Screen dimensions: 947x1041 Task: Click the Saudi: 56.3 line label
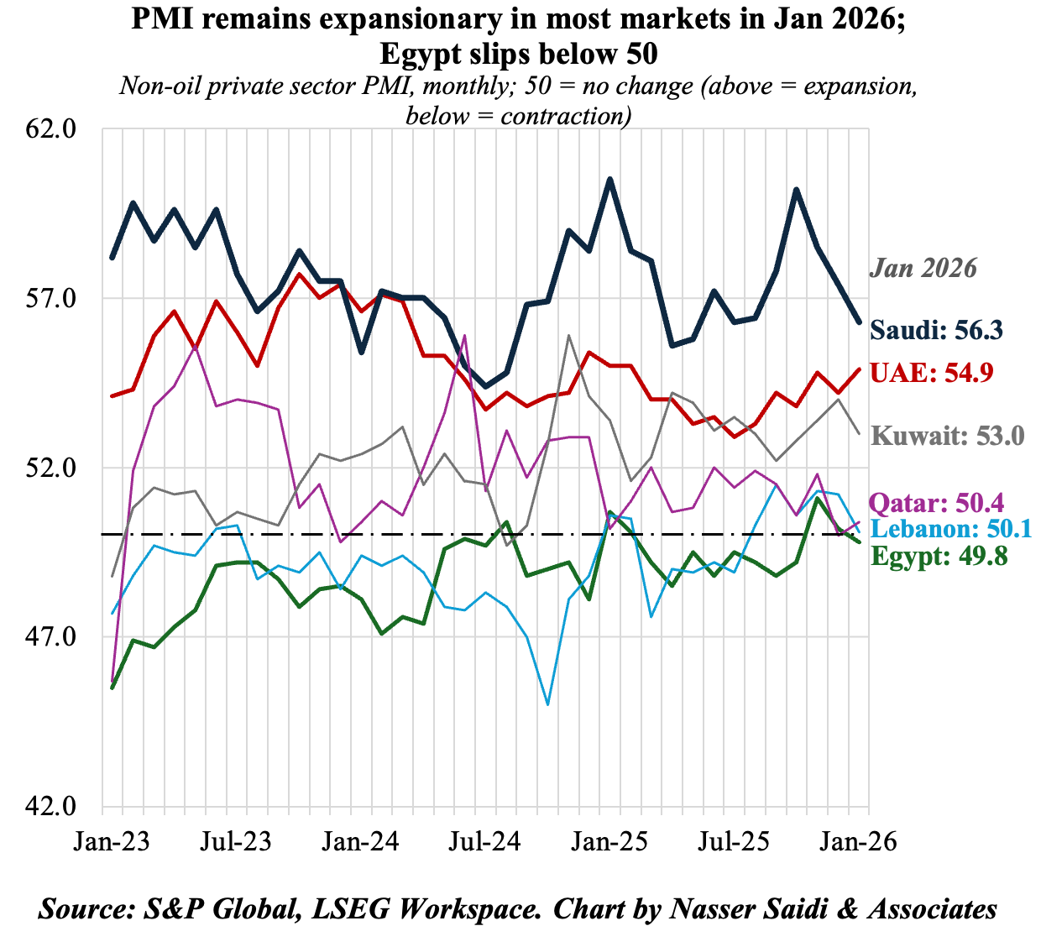(x=936, y=330)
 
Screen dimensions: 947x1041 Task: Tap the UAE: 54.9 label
(x=932, y=372)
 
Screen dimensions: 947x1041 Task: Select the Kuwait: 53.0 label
(x=948, y=436)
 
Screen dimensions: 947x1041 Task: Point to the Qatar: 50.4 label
(x=936, y=503)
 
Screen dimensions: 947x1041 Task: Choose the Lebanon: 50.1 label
(x=951, y=528)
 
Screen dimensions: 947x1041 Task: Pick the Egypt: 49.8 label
(x=939, y=555)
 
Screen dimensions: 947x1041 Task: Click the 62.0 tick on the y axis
(x=52, y=129)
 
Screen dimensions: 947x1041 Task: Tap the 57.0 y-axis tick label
(x=52, y=299)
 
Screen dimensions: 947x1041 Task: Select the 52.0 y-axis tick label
(x=52, y=468)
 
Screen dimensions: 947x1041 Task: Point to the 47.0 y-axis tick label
(x=52, y=637)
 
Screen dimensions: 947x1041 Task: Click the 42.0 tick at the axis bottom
(x=52, y=806)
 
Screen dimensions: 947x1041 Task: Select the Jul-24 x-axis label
(x=484, y=841)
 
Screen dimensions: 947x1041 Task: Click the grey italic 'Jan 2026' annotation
(x=923, y=268)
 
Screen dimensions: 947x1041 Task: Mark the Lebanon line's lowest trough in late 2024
(x=548, y=704)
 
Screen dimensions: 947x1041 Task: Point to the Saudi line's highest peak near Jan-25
(x=610, y=179)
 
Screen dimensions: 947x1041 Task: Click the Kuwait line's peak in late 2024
(x=569, y=336)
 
